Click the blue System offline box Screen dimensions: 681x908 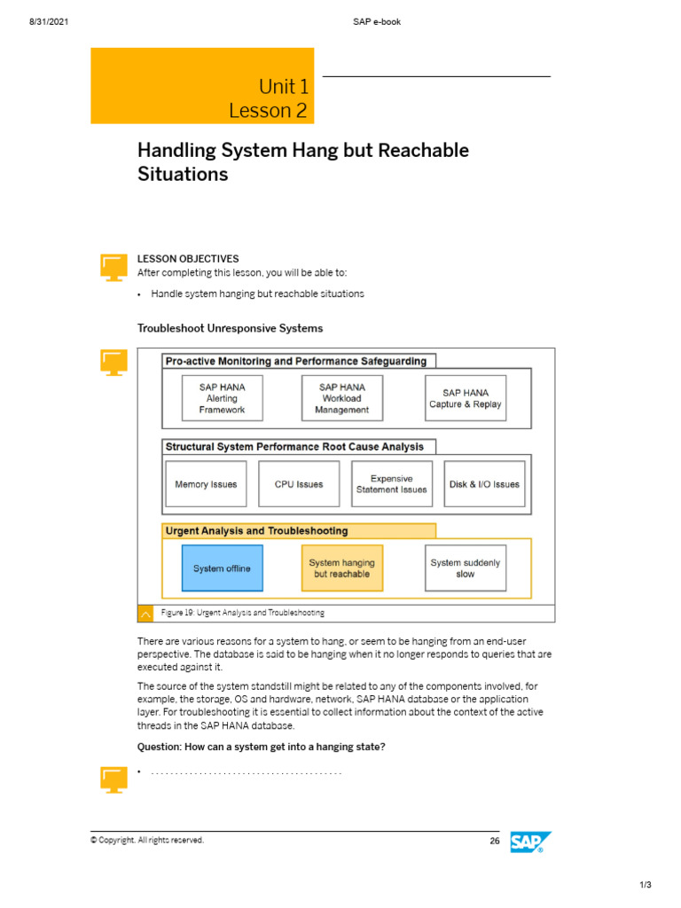point(223,568)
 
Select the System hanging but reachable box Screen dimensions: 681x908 point(342,568)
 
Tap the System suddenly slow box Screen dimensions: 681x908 point(466,568)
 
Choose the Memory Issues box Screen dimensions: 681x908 point(206,484)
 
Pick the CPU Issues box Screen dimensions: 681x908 point(299,484)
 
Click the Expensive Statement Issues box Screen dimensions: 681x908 point(392,484)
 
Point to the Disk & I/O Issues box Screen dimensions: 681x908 point(485,484)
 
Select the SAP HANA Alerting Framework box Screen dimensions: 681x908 point(223,398)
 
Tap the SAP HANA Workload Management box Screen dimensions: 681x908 point(342,398)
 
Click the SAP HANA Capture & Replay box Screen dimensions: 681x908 point(466,398)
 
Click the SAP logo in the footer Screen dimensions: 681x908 point(530,842)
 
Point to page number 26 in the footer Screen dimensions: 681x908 point(495,841)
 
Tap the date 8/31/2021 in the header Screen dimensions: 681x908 point(49,22)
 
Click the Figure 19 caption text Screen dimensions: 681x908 point(243,613)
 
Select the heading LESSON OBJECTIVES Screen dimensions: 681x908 point(188,259)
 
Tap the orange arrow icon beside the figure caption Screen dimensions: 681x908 point(146,614)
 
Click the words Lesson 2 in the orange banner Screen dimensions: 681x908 point(268,111)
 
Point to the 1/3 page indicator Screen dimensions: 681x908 point(646,885)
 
